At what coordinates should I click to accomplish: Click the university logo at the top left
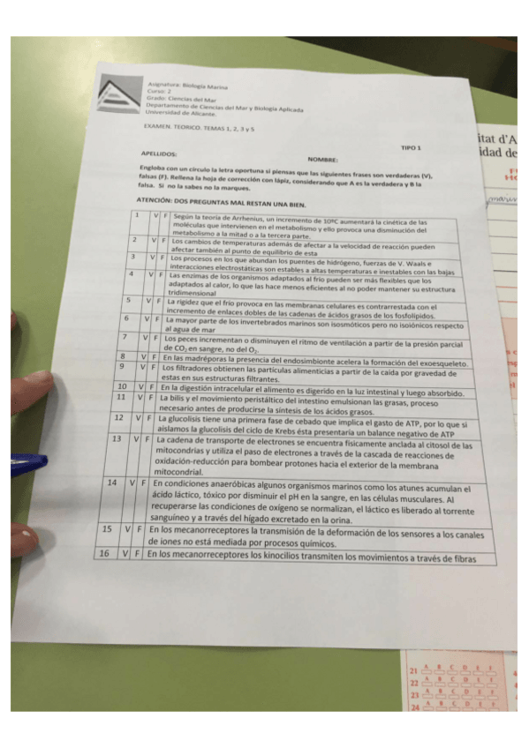tap(119, 94)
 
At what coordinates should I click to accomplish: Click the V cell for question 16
tap(126, 554)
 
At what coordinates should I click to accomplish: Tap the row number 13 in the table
tap(117, 438)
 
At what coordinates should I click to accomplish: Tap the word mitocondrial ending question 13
tap(181, 471)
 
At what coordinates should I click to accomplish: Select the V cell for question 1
tap(155, 215)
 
